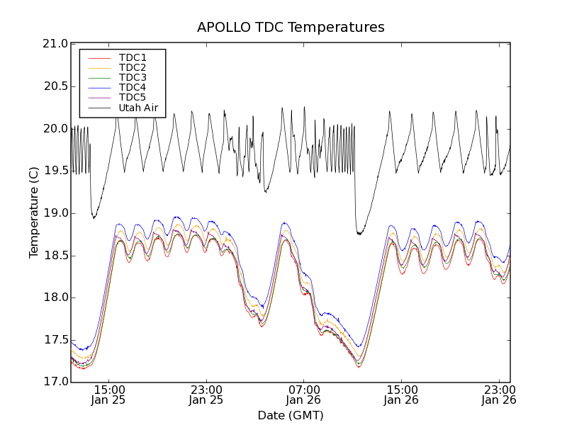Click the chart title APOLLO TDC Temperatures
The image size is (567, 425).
click(291, 28)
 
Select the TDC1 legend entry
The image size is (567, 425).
click(133, 57)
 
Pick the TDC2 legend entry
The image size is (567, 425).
click(133, 67)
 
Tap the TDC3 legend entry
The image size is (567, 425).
click(133, 77)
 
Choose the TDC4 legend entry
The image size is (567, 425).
click(133, 88)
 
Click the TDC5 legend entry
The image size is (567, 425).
click(133, 98)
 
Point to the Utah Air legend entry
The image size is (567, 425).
click(137, 108)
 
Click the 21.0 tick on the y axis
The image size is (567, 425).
click(54, 44)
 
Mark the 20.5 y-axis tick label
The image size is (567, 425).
click(54, 86)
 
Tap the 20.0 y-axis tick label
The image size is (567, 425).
click(54, 128)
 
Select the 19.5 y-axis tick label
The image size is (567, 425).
click(54, 171)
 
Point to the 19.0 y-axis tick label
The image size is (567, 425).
click(54, 213)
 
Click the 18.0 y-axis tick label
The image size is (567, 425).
click(54, 297)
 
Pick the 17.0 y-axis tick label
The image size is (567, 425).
click(54, 382)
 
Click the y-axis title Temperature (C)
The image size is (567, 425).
click(34, 212)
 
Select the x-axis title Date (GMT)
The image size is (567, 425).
click(291, 415)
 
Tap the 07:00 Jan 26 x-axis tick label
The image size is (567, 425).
click(304, 395)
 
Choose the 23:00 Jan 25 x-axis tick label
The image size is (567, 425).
click(206, 395)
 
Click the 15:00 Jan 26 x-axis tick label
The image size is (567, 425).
click(402, 395)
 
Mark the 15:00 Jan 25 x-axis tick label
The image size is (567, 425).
click(109, 395)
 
